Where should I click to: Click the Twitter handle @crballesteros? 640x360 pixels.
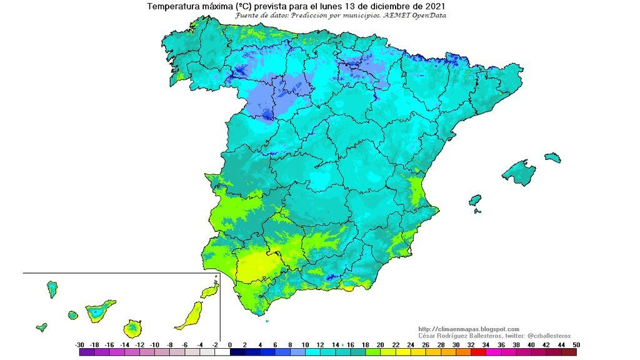pyautogui.click(x=543, y=336)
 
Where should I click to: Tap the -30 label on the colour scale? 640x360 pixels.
pyautogui.click(x=79, y=345)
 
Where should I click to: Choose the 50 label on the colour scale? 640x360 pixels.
pyautogui.click(x=576, y=345)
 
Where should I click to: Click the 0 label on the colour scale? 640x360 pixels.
pyautogui.click(x=229, y=345)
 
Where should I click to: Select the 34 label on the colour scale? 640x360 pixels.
pyautogui.click(x=485, y=345)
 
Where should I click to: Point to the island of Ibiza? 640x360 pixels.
pyautogui.click(x=476, y=201)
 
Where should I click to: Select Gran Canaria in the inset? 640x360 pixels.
pyautogui.click(x=132, y=328)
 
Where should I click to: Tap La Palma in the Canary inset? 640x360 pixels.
pyautogui.click(x=52, y=289)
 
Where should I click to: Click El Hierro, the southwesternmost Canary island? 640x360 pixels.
pyautogui.click(x=42, y=327)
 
